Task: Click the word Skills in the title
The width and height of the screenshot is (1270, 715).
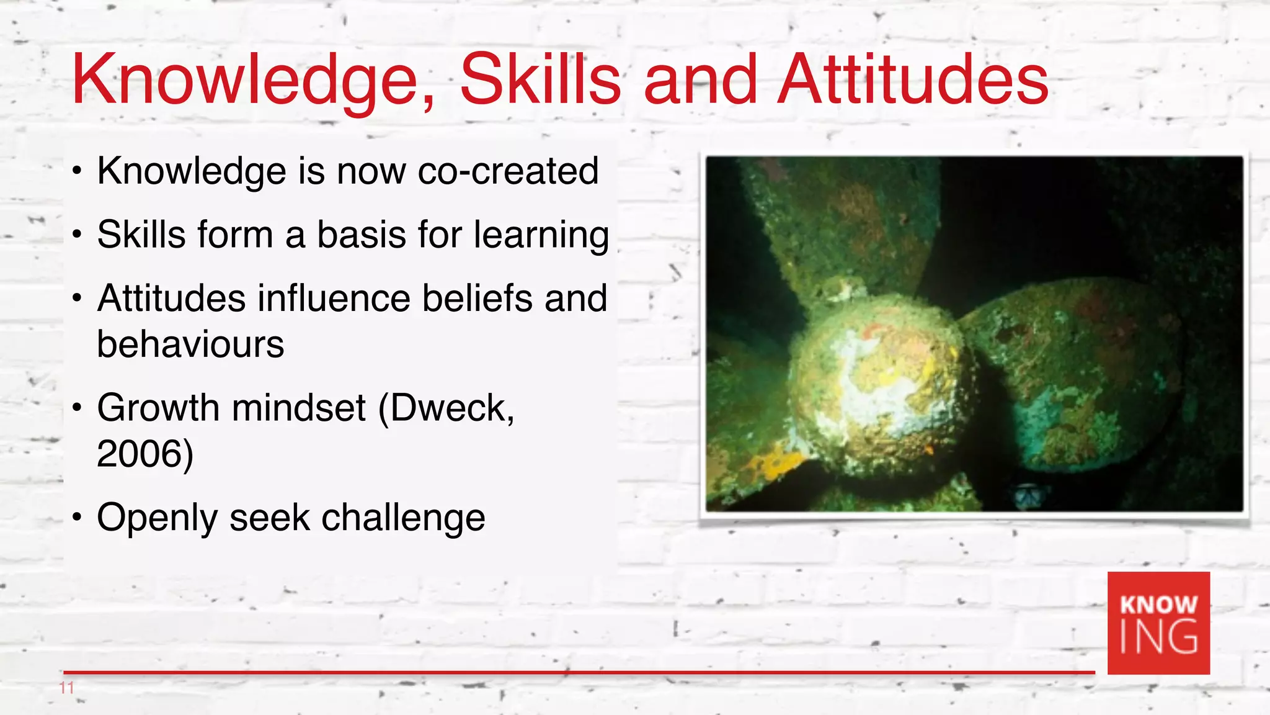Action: coord(540,79)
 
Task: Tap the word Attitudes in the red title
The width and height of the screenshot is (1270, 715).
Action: coord(913,79)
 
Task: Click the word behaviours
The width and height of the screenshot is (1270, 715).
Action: coord(190,344)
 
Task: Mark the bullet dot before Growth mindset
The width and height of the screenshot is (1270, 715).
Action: coord(76,408)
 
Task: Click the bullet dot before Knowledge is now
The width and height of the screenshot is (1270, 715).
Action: coord(76,171)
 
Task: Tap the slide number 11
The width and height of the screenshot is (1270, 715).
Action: coord(67,688)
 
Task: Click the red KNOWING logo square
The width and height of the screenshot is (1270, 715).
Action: coord(1158,623)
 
